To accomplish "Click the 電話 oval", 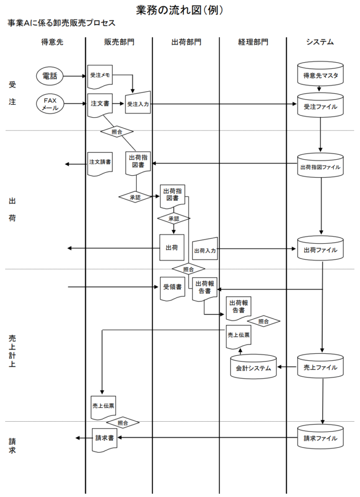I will [50, 76].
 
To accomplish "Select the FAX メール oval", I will [50, 104].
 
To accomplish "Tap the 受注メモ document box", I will [100, 76].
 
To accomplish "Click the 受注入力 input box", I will [138, 103].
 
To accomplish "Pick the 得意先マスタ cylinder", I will [320, 74].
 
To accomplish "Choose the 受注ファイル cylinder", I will [320, 105].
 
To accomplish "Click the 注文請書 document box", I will [100, 162].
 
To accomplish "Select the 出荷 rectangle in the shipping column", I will [171, 248].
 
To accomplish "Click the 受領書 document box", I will [172, 287].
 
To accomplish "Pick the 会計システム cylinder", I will [253, 367].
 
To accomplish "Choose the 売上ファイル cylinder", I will [320, 367].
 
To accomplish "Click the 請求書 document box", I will [104, 438].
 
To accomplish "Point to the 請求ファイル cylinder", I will [320, 437].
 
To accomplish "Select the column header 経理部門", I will [253, 42].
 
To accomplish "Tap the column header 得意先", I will [52, 42].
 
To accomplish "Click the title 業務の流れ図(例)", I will [180, 10].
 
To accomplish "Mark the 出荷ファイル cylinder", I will [320, 249].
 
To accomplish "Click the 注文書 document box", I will [100, 104].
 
